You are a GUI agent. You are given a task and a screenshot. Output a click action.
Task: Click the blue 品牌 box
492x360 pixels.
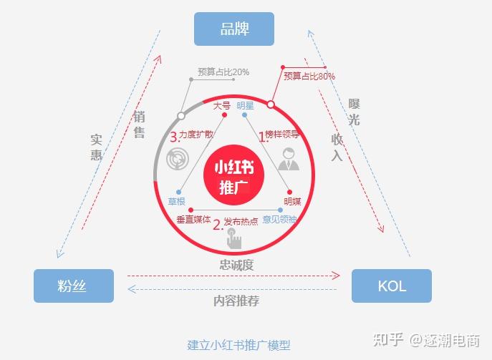(x=234, y=29)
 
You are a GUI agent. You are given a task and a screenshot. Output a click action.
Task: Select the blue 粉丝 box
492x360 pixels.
(x=74, y=286)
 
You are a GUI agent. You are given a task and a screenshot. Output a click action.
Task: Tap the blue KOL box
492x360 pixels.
(x=391, y=286)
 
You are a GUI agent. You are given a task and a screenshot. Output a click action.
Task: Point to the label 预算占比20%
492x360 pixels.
(x=223, y=72)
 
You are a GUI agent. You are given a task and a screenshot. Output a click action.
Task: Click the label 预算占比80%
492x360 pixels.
(x=309, y=76)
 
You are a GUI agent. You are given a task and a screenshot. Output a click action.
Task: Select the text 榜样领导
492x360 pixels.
(x=282, y=134)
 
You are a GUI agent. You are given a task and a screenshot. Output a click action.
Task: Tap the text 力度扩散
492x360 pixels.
(x=197, y=134)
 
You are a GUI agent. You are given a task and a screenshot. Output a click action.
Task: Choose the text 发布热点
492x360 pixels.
(x=241, y=221)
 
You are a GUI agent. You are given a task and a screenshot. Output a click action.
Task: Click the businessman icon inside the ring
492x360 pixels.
(x=288, y=158)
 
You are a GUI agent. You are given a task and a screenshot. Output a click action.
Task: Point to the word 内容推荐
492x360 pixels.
(x=236, y=301)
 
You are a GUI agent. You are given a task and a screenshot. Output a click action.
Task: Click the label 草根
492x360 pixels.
(x=177, y=202)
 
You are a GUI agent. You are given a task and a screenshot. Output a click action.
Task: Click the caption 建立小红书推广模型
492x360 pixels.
(x=239, y=344)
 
